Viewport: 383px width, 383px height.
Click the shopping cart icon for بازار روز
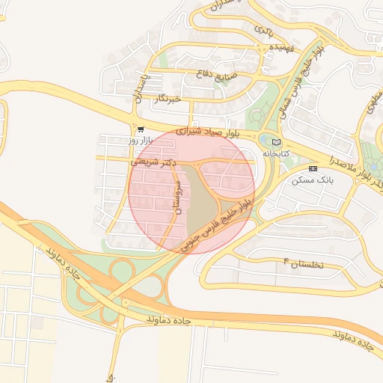pyautogui.click(x=140, y=129)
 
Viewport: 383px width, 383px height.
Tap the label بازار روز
pyautogui.click(x=140, y=141)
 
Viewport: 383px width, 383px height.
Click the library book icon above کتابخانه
pyautogui.click(x=276, y=141)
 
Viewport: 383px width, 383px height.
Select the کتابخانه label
pyautogui.click(x=275, y=153)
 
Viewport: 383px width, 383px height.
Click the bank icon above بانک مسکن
pyautogui.click(x=313, y=168)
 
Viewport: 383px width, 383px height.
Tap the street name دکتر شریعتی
pyautogui.click(x=154, y=161)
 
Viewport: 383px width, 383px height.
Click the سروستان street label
pyautogui.click(x=178, y=197)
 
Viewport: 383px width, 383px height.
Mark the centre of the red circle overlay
pyautogui.click(x=191, y=191)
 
